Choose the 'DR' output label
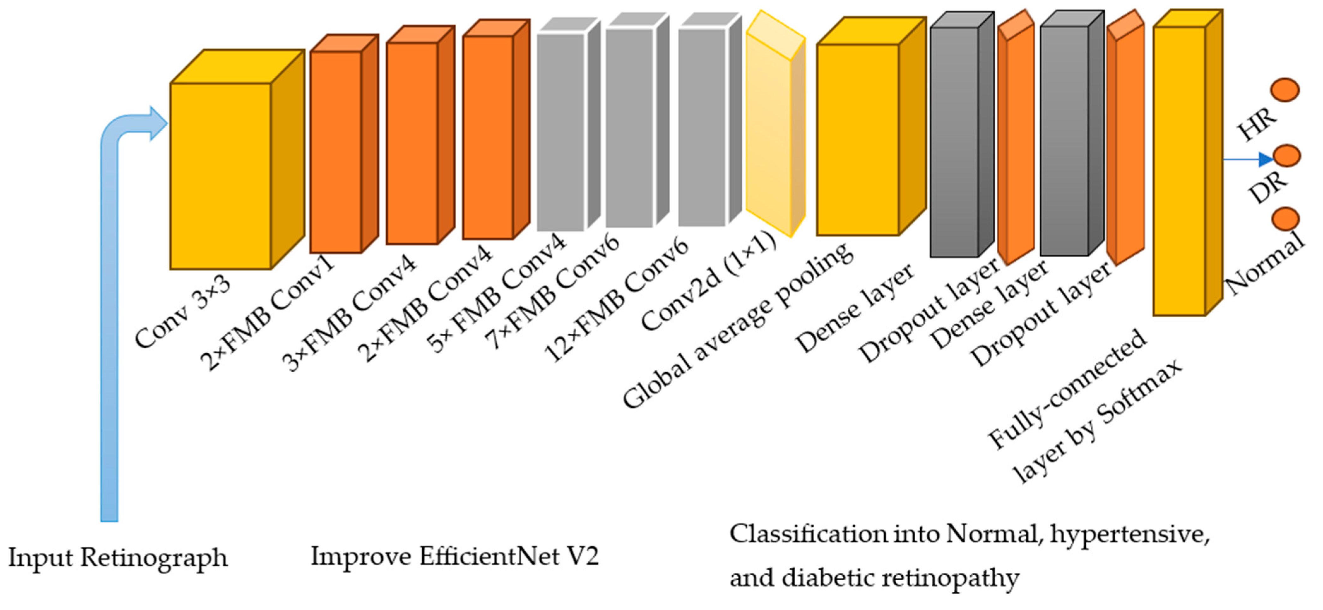[1267, 188]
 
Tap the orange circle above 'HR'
[1285, 90]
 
